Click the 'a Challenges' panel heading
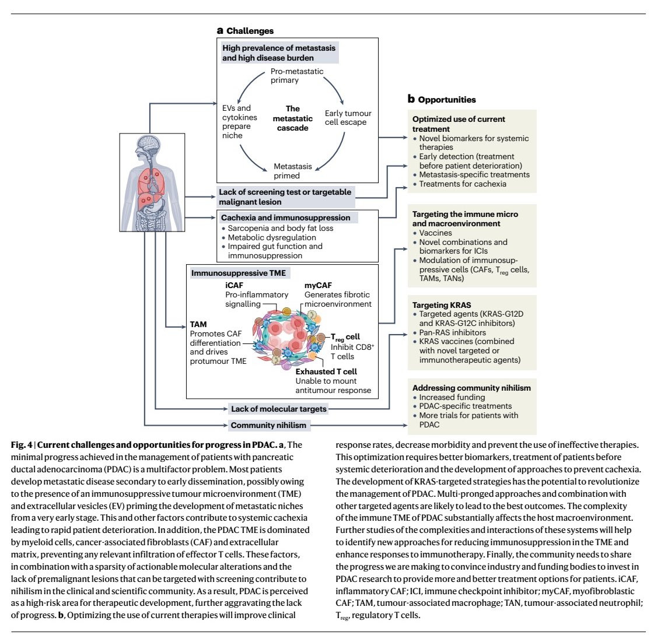[245, 30]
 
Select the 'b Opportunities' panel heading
[442, 99]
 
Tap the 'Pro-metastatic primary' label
[296, 76]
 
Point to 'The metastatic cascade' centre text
[293, 118]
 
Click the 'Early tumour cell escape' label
[348, 118]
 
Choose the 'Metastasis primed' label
[293, 171]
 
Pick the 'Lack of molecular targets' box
[279, 409]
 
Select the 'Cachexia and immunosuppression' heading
[285, 217]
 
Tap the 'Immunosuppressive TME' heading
[239, 273]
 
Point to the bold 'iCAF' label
[235, 286]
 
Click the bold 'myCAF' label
[318, 286]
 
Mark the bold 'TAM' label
[198, 324]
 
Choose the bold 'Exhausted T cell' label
[326, 371]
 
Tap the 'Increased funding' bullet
[452, 397]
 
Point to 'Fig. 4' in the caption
[22, 445]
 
